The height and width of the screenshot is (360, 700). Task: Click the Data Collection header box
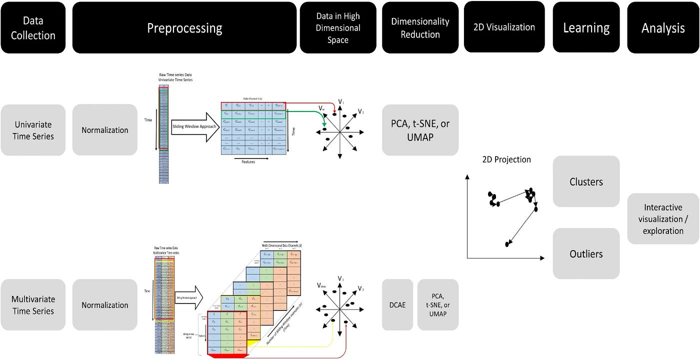click(x=33, y=27)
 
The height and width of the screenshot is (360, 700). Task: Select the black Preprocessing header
click(x=184, y=27)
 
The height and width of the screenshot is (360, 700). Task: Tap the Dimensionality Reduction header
click(x=420, y=27)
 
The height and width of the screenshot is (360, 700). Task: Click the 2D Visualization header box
click(x=504, y=27)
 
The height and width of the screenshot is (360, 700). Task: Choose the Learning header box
click(x=586, y=27)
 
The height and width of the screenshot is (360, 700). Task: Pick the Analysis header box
click(x=663, y=27)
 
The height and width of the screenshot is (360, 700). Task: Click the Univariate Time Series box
click(x=33, y=130)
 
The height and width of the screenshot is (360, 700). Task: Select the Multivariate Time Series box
click(x=33, y=305)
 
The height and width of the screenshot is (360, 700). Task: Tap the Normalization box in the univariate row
click(x=105, y=130)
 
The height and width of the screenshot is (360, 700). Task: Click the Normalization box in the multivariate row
click(x=105, y=305)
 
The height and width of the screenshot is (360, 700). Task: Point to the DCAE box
click(x=397, y=305)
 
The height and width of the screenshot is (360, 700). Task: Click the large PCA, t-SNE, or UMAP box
click(x=420, y=130)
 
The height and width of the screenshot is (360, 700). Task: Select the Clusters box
click(x=586, y=181)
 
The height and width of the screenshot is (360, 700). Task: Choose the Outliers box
click(x=586, y=253)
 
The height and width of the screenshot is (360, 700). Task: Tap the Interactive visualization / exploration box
click(x=663, y=219)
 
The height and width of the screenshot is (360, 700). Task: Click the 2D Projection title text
click(x=506, y=159)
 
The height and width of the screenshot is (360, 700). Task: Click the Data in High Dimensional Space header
click(x=337, y=27)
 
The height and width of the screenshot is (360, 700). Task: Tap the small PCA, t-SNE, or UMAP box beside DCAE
click(x=437, y=305)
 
